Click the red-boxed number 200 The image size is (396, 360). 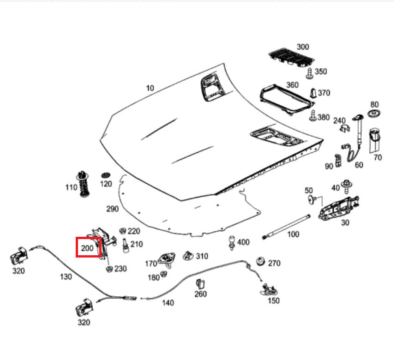(x=88, y=248)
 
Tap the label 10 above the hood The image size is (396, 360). (x=150, y=88)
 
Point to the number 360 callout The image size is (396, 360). (x=292, y=85)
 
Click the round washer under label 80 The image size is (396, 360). (x=374, y=114)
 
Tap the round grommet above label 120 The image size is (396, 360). (x=106, y=175)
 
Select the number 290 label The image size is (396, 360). (x=112, y=209)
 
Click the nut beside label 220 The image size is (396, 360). (x=122, y=231)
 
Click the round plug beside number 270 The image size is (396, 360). (x=260, y=261)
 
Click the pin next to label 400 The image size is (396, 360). (x=231, y=242)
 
